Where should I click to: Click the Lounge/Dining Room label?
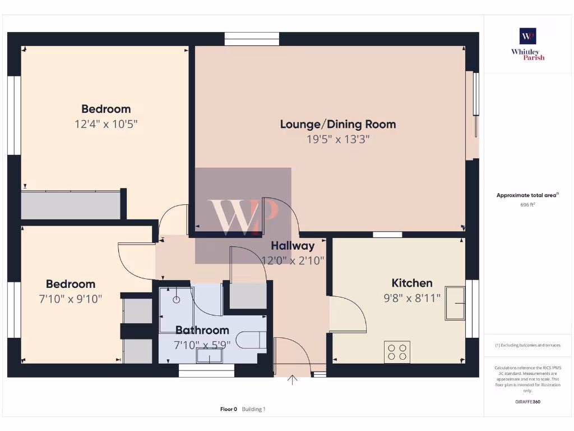338,124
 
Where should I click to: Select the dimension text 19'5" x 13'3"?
338,139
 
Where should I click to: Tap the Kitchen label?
411,283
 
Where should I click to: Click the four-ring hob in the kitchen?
397,352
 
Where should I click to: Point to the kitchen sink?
455,303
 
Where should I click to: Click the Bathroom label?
202,330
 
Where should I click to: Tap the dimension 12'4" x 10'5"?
106,124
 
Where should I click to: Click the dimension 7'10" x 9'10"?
71,299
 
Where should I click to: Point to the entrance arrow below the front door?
292,380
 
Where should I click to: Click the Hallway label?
293,245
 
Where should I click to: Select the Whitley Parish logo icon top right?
527,36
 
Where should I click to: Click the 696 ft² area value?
527,205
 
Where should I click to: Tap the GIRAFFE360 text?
527,402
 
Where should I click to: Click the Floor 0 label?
229,409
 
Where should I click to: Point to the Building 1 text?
253,409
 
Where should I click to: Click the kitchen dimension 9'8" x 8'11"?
411,298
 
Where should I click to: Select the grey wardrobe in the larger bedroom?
71,205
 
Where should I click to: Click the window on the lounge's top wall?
252,39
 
